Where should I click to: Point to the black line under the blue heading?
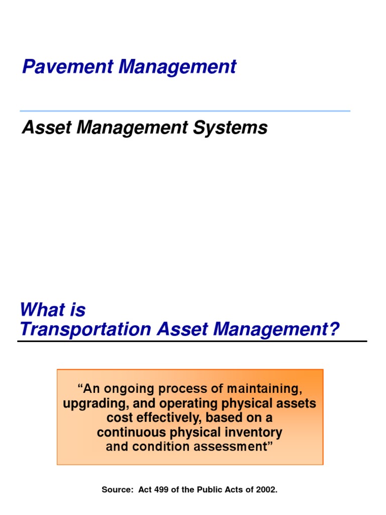192,341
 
